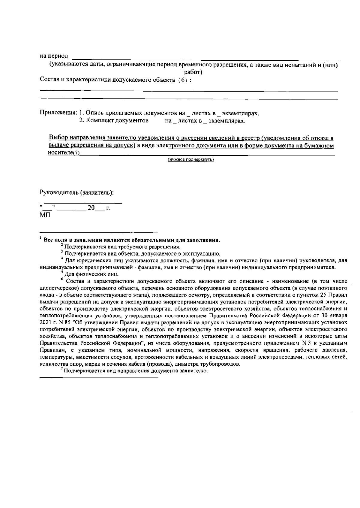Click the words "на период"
point(54,56)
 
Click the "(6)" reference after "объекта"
point(182,80)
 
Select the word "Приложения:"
point(58,113)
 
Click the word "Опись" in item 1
point(94,113)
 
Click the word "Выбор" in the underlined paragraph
point(58,138)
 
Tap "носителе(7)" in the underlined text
point(64,153)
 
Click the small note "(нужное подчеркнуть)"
point(190,160)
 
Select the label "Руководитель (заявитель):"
point(77,192)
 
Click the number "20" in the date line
point(91,207)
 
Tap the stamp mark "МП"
point(45,215)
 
